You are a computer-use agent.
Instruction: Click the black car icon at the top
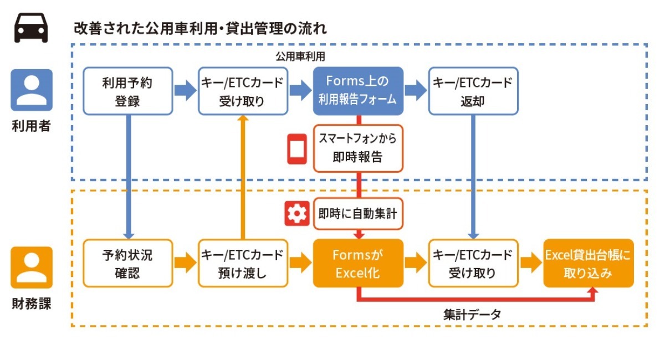pos(31,28)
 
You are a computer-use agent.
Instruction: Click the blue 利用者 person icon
pos(32,90)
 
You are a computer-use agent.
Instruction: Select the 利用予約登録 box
pos(127,91)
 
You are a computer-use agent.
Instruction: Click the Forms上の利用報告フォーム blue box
pos(359,91)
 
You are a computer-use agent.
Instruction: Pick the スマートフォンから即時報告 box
pos(358,148)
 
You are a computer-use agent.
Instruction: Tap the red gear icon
pos(296,214)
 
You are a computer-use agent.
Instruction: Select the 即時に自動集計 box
pos(358,214)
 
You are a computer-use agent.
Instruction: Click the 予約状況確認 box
pos(127,263)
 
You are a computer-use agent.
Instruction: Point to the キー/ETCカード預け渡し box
pos(243,263)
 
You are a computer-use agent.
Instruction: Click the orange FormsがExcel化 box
pos(358,263)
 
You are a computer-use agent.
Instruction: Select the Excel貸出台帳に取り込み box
pos(588,263)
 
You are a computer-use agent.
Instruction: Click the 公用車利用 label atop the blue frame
pos(300,56)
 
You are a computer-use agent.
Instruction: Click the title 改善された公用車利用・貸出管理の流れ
pos(200,28)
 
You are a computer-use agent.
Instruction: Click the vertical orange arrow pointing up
pos(242,177)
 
